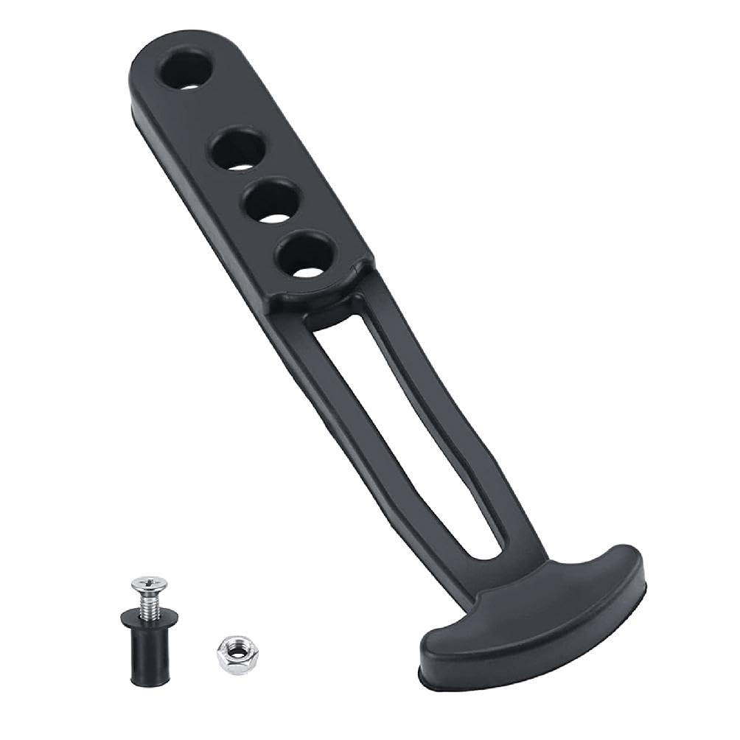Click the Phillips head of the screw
149,586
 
